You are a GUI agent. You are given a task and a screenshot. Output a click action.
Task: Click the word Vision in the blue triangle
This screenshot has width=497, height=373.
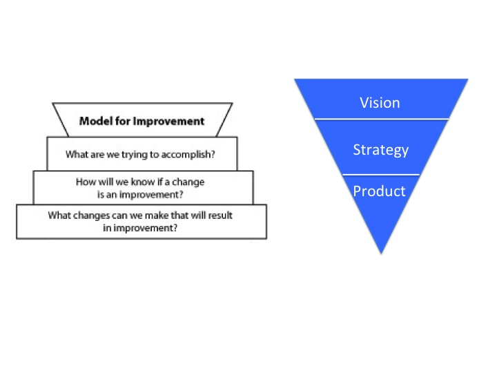(380, 103)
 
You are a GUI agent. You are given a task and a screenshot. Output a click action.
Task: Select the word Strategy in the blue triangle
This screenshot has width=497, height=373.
(380, 150)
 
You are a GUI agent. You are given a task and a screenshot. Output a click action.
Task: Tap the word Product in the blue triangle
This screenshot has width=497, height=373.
(379, 191)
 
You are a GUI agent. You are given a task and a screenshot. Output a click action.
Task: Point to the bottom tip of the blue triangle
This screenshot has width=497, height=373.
(380, 252)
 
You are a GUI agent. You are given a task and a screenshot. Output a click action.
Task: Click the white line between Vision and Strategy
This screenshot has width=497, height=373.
(381, 119)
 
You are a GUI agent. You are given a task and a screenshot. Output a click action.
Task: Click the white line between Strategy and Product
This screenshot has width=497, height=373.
(381, 174)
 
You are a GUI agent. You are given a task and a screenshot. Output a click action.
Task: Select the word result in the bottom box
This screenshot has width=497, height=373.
(219, 215)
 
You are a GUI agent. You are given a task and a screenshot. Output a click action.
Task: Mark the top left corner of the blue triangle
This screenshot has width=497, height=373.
(296, 80)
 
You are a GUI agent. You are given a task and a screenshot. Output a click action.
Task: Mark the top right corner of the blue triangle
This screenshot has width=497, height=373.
(467, 80)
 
